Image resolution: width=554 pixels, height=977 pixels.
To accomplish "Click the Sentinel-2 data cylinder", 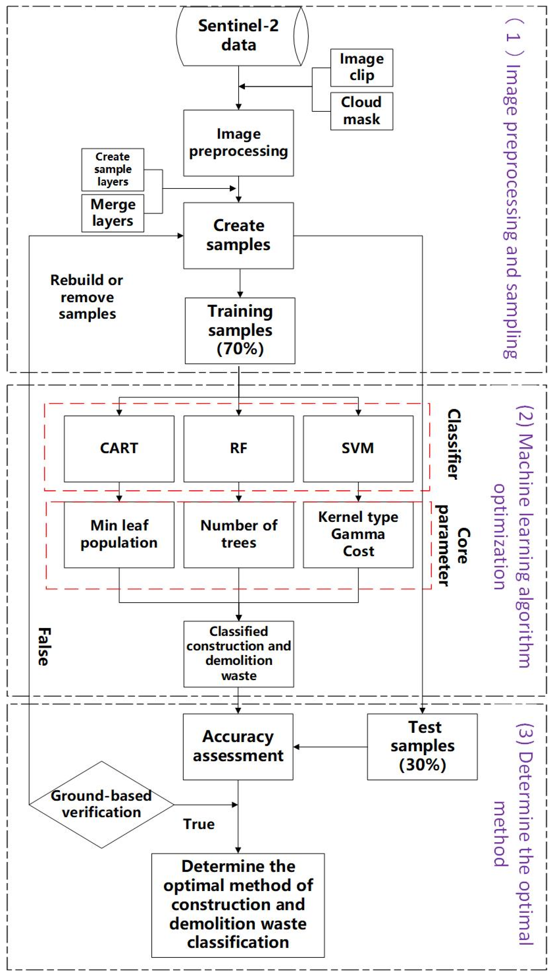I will [x=239, y=36].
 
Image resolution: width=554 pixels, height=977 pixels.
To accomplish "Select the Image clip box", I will [x=361, y=67].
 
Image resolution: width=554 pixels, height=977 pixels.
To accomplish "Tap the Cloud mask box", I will [x=361, y=111].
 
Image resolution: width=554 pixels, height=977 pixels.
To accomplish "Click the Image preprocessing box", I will [x=239, y=143].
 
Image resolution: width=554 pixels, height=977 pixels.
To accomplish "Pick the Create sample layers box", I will [x=113, y=169].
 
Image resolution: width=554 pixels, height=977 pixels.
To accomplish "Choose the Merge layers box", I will [x=113, y=213].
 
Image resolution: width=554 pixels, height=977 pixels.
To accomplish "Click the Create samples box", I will [x=239, y=235].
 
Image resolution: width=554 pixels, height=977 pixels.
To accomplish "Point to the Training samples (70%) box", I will [x=240, y=330].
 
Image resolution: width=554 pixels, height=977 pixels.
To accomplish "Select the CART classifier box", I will [x=119, y=448].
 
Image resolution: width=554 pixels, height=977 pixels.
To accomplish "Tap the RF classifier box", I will [x=239, y=448].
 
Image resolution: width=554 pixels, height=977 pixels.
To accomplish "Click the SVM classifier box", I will [x=358, y=448].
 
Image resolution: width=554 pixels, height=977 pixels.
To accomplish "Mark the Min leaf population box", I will [x=119, y=534].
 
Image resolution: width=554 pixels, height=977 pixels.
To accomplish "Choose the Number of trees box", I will [x=239, y=534].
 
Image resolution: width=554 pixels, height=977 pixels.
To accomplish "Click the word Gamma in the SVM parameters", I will [x=358, y=534].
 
